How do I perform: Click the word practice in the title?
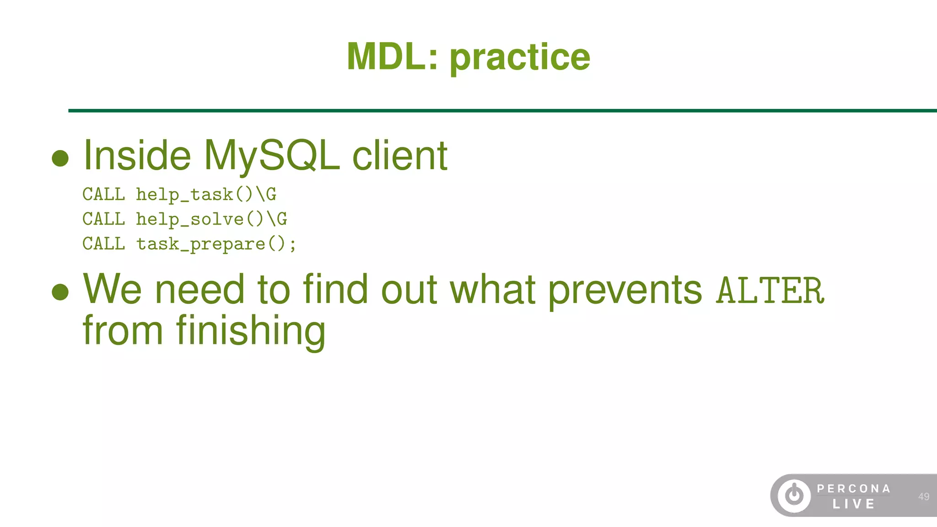tap(520, 58)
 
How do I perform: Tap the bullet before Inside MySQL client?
tap(60, 158)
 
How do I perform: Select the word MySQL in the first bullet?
tap(272, 156)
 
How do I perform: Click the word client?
tap(399, 156)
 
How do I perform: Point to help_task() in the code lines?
tap(194, 194)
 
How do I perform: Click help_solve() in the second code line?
tap(200, 219)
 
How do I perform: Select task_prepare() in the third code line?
tap(211, 244)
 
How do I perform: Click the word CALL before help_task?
tap(103, 194)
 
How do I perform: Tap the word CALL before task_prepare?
tap(103, 244)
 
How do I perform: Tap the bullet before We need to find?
tap(60, 292)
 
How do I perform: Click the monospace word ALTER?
tap(770, 291)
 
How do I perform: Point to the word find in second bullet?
tap(335, 289)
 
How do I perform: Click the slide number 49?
tap(923, 496)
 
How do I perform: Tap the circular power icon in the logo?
tap(794, 495)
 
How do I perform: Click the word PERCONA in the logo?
tap(854, 489)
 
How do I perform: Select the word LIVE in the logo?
tap(854, 504)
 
